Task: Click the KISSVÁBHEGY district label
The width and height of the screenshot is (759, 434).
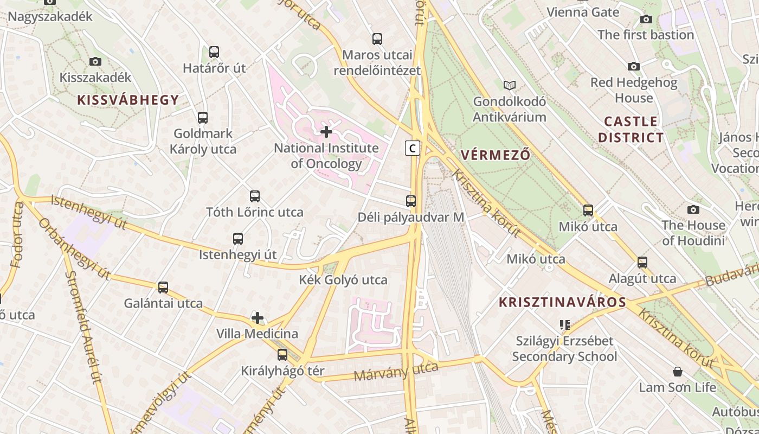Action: (x=128, y=100)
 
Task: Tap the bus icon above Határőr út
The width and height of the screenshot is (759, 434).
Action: (x=214, y=52)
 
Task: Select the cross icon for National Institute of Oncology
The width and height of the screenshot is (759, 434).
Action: (x=326, y=132)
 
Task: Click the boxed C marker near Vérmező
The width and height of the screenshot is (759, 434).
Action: (x=413, y=148)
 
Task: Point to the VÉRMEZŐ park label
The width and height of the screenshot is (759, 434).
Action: (x=495, y=155)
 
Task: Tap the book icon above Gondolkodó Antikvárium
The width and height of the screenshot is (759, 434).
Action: (x=509, y=85)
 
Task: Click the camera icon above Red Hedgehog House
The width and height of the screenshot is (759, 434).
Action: (x=633, y=66)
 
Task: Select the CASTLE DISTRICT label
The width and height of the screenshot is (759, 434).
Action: (x=631, y=129)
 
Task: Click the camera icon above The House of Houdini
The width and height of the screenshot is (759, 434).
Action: (x=693, y=209)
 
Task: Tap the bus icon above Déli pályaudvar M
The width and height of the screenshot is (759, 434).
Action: (x=411, y=201)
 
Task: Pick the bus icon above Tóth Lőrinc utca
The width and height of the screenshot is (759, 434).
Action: (x=255, y=196)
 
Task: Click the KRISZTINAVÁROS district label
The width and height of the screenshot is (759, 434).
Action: (x=562, y=302)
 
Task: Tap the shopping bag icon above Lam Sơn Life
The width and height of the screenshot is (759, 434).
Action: (x=677, y=372)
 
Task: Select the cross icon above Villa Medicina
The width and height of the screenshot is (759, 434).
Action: (x=258, y=317)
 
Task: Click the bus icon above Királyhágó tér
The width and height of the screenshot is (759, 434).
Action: (x=282, y=355)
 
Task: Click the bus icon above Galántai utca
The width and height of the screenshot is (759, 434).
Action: (x=163, y=288)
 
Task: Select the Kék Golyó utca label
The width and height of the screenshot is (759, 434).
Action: (x=343, y=280)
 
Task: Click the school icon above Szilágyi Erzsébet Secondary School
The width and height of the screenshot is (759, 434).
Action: (x=565, y=325)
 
